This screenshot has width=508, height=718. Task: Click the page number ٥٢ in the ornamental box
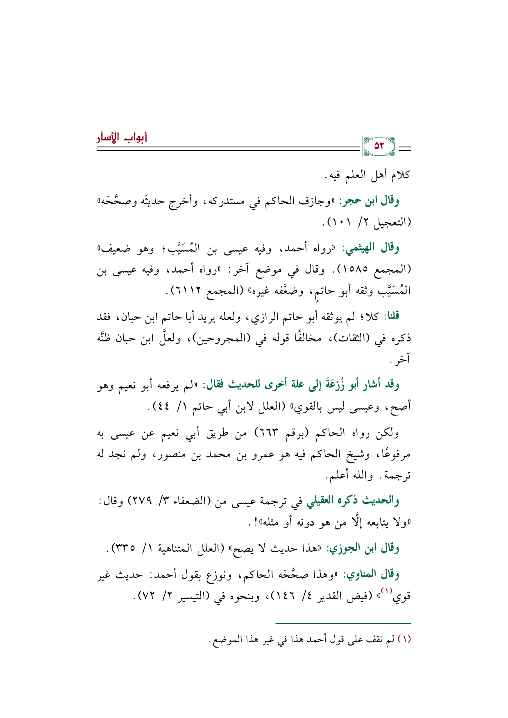point(379,146)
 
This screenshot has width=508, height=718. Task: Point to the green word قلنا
point(391,316)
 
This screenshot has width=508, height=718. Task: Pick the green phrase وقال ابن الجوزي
point(362,548)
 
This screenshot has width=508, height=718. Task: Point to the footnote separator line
point(343,623)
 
